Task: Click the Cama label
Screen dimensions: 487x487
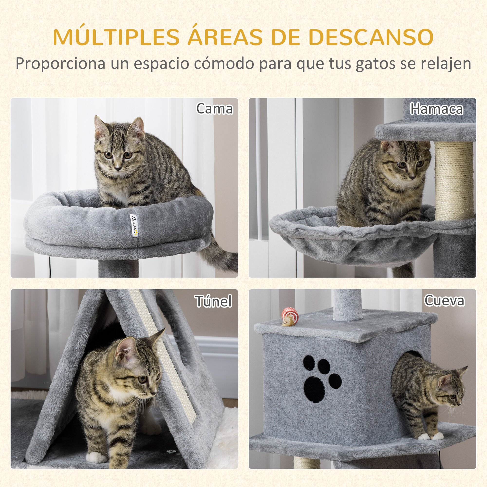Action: pyautogui.click(x=215, y=109)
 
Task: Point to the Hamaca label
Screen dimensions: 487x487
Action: pyautogui.click(x=436, y=109)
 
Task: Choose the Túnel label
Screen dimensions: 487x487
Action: pyautogui.click(x=214, y=301)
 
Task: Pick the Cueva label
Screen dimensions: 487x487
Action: pyautogui.click(x=444, y=300)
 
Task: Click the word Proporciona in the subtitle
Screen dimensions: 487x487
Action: pyautogui.click(x=60, y=64)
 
